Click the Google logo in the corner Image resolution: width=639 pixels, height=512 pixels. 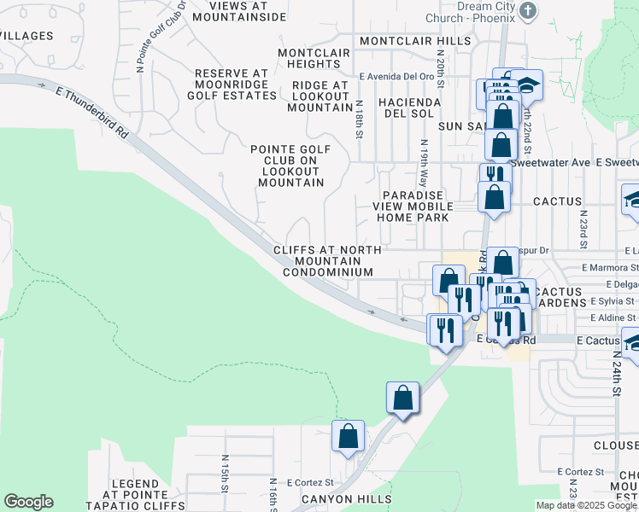[28, 502]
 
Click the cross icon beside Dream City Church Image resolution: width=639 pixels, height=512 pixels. [529, 10]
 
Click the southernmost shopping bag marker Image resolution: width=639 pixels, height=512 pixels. [348, 436]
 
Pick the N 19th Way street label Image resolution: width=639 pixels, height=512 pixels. [423, 165]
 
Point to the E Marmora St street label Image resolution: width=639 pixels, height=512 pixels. [608, 267]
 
